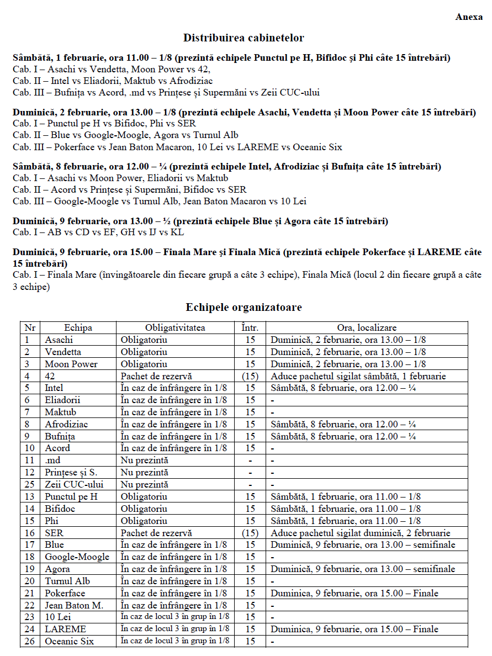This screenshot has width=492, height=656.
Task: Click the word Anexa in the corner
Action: (x=469, y=17)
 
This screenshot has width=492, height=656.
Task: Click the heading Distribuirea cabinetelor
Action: (x=244, y=38)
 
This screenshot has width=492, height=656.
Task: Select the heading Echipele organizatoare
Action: (x=244, y=308)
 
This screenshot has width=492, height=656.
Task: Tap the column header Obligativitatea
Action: (x=175, y=327)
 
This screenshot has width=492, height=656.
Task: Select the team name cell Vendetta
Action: (x=63, y=352)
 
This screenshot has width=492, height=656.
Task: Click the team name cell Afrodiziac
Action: (x=67, y=424)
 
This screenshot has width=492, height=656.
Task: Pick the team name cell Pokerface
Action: (x=65, y=593)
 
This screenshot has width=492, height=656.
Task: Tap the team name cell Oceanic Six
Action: (x=70, y=641)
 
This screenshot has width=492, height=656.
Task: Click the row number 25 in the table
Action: (x=30, y=484)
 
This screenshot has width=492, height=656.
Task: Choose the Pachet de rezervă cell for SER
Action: (x=156, y=533)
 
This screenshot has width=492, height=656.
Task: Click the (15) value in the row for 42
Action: (x=250, y=376)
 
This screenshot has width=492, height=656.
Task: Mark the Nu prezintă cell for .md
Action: (x=145, y=460)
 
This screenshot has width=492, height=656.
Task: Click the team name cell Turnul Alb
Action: (x=67, y=581)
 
